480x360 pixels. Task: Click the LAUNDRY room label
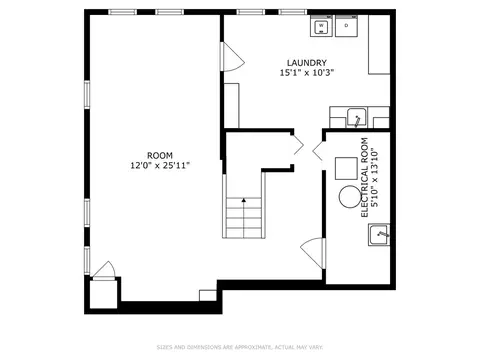[307, 63]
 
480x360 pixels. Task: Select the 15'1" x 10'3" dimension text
[307, 73]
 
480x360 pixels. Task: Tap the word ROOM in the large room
[160, 155]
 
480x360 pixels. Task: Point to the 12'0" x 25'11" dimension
[160, 165]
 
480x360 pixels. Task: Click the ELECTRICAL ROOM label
[365, 178]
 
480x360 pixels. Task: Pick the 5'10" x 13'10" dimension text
[375, 178]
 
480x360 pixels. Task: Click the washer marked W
[321, 26]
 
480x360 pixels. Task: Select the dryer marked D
[347, 26]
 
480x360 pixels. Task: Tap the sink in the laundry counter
[356, 118]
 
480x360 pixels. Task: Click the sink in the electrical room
[379, 235]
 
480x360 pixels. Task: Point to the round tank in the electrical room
[350, 197]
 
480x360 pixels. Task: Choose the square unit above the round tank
[346, 168]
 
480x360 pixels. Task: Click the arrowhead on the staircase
[244, 200]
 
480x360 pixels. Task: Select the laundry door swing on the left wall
[233, 57]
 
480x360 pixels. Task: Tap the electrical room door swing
[312, 253]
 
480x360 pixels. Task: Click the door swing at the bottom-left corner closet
[104, 269]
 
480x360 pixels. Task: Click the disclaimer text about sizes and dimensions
[240, 347]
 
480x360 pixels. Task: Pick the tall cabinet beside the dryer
[379, 44]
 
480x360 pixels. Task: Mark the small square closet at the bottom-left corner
[103, 294]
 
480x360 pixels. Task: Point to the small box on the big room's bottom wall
[208, 296]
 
